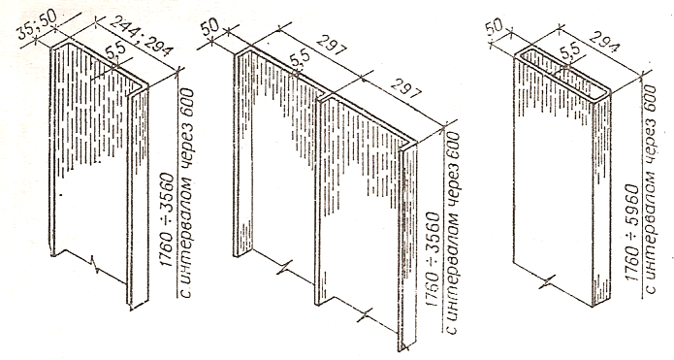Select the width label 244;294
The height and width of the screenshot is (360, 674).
pos(141,36)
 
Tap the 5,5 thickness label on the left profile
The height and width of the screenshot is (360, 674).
pos(114,52)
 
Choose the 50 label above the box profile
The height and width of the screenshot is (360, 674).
pos(494,27)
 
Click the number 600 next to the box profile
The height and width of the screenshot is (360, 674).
pos(650,100)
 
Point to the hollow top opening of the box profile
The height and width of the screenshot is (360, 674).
pos(564,73)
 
